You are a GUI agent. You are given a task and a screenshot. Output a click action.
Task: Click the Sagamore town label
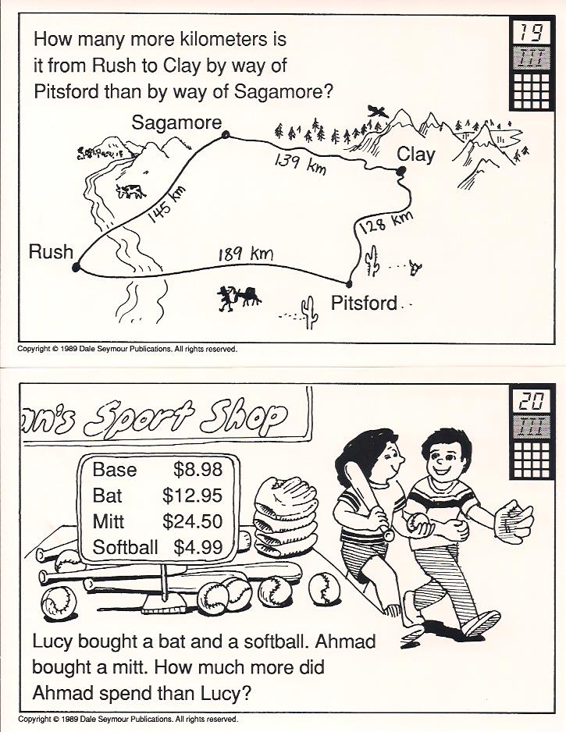point(176,123)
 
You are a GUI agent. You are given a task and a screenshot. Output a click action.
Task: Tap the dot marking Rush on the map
point(77,267)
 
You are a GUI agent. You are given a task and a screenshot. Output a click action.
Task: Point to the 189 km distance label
point(246,254)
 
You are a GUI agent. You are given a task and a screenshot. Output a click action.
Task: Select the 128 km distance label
point(386,221)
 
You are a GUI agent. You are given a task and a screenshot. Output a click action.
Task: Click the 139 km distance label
point(300,164)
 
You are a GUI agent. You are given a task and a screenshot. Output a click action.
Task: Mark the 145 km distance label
point(167,203)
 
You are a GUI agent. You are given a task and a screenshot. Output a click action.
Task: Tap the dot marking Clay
point(400,172)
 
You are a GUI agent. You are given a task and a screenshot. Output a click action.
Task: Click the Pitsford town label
point(364,304)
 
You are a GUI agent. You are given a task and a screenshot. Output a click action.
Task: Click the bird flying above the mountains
point(378,111)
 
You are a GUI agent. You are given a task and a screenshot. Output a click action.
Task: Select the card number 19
point(532,33)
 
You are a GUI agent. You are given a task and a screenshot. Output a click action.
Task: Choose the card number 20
point(532,400)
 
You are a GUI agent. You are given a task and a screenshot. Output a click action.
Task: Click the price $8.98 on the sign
point(198,469)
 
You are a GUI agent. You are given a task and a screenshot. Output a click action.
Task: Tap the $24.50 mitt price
point(192,521)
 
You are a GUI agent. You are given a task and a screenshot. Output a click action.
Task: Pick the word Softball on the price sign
point(125,547)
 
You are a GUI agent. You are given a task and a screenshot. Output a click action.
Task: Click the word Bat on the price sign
point(107,496)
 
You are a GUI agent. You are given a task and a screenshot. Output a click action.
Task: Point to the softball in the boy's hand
point(418,524)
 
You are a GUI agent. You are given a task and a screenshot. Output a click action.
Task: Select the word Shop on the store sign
point(242,417)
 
